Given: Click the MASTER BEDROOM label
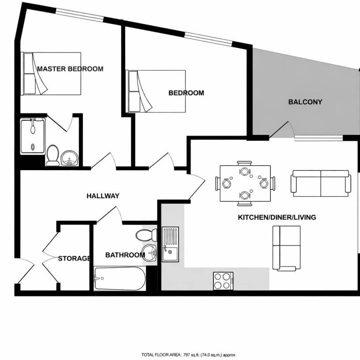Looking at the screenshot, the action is [x=70, y=69].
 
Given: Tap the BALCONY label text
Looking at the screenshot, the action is [x=305, y=102].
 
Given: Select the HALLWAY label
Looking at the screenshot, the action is [x=103, y=196].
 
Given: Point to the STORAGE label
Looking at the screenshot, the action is [x=74, y=259].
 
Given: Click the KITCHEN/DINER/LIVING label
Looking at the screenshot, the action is [x=277, y=217].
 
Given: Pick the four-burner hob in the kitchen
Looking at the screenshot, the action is [x=223, y=281].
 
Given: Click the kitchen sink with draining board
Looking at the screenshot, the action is [x=170, y=244].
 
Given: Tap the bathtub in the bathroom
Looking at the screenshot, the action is [x=120, y=278].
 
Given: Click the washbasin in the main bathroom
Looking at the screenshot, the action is [x=149, y=253].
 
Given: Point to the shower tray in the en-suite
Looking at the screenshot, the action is [x=33, y=136].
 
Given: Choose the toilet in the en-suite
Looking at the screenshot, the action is [x=52, y=156].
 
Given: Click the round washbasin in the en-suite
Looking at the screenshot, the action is [x=69, y=158].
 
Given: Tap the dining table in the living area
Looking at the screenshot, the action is [x=245, y=183].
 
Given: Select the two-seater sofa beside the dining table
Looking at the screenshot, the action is [x=321, y=183].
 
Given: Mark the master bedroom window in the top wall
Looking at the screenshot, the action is [x=79, y=15].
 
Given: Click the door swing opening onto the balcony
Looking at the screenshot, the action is [x=282, y=130].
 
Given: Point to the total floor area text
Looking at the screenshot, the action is [x=189, y=355].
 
